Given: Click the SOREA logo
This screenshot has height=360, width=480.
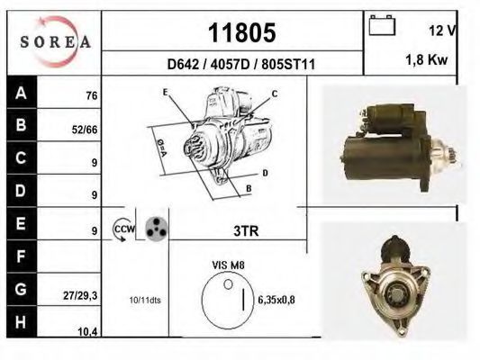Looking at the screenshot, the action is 55,41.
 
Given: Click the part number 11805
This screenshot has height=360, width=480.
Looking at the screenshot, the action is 242,32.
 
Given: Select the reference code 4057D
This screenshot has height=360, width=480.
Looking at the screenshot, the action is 231,64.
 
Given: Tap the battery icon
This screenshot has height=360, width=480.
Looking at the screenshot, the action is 382,25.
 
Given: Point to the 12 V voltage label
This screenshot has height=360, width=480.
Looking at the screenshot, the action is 443,31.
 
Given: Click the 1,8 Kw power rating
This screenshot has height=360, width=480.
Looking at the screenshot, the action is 427,60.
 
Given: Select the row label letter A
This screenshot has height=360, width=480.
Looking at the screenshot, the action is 21,93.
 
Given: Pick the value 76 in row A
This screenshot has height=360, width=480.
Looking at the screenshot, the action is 92,96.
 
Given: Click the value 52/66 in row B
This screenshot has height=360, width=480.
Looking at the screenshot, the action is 85,130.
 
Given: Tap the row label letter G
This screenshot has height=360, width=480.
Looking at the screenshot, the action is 21,289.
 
